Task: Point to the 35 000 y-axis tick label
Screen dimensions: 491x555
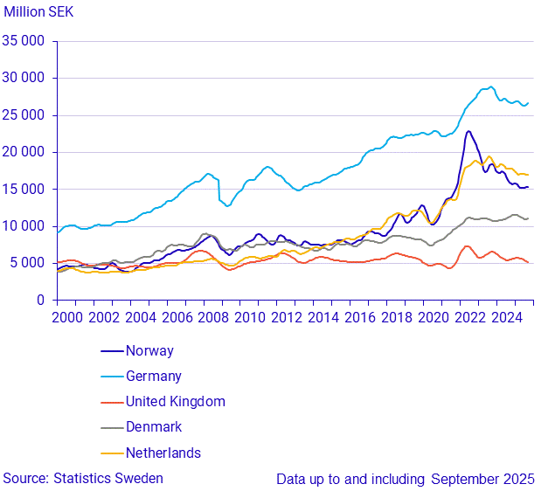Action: (x=24, y=40)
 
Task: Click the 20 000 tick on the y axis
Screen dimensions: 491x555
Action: (x=24, y=152)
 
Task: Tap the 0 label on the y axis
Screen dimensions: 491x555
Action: (x=41, y=300)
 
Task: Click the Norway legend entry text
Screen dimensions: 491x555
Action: (x=149, y=351)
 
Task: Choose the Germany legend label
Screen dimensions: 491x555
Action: (x=154, y=377)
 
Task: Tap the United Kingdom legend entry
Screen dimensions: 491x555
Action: (x=176, y=402)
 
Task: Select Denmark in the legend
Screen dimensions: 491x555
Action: (x=154, y=427)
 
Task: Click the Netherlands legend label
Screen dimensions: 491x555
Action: (x=163, y=453)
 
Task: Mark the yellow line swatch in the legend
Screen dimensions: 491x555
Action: (x=111, y=453)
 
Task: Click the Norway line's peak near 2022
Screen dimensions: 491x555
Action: (x=468, y=131)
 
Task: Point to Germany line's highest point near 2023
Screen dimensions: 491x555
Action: (x=490, y=86)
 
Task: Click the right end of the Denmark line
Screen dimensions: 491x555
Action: (x=528, y=218)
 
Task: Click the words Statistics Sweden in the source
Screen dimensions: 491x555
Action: (x=108, y=479)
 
